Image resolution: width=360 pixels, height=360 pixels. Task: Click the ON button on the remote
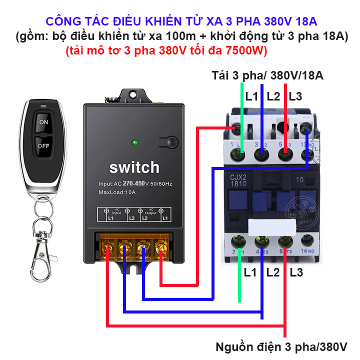coord(43,122)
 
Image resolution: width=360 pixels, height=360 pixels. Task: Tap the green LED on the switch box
coord(134,143)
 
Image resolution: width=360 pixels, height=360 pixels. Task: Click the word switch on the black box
coord(134,167)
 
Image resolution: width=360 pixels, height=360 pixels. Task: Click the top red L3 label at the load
coord(296,96)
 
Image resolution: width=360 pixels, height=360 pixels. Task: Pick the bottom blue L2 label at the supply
coord(273,272)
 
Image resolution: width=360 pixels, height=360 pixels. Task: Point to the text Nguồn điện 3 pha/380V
coord(281,346)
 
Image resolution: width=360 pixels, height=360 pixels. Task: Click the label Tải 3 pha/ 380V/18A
coord(267,76)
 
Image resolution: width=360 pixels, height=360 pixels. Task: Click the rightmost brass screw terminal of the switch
coord(160,247)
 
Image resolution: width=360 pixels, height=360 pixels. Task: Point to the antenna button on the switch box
coord(167,142)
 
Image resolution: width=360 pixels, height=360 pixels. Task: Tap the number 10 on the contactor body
coord(300,179)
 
